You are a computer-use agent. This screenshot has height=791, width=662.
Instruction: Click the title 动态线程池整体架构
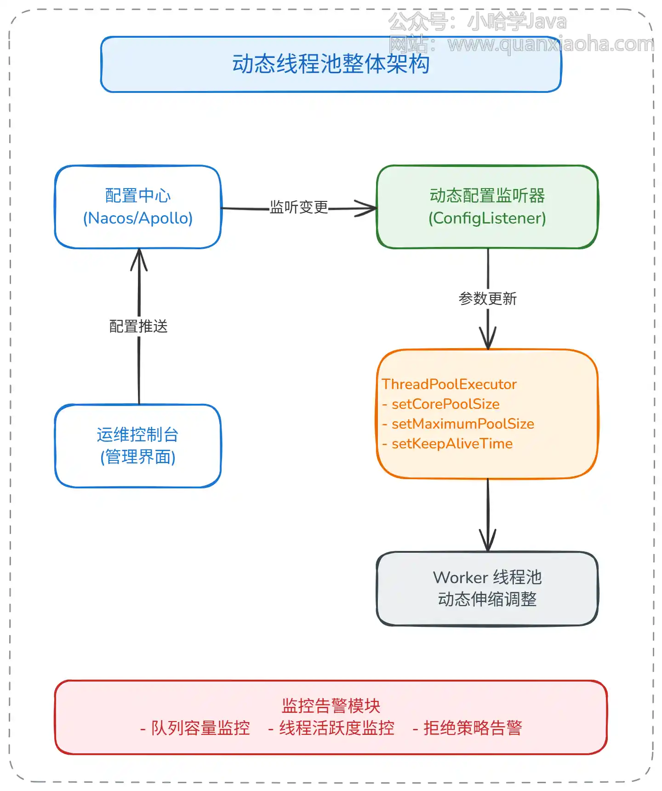(x=331, y=64)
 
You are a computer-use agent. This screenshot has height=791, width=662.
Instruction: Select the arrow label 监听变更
(x=299, y=207)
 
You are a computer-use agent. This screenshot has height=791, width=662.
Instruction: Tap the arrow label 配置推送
(x=138, y=327)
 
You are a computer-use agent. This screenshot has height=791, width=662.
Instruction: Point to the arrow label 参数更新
(x=488, y=299)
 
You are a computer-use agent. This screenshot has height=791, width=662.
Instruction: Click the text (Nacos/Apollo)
(x=137, y=218)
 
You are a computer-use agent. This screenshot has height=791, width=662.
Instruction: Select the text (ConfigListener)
(x=487, y=218)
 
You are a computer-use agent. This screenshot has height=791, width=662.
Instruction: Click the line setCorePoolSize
(x=445, y=404)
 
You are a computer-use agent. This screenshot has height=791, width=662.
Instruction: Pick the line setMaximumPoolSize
(x=462, y=424)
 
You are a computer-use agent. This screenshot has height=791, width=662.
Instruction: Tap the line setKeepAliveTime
(x=451, y=444)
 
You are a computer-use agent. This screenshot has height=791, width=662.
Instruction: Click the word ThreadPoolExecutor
(x=449, y=384)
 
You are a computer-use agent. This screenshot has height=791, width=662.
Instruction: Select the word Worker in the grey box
(x=460, y=578)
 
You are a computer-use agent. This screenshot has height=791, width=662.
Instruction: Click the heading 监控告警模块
(x=331, y=706)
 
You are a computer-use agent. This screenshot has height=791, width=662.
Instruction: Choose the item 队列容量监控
(x=200, y=728)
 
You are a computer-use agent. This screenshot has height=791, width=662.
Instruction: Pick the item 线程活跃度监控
(x=337, y=728)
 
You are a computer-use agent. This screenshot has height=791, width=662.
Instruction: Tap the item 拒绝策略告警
(x=472, y=728)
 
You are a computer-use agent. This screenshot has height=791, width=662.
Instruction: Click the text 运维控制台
(x=137, y=435)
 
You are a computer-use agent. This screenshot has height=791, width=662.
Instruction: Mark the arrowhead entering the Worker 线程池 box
(x=488, y=543)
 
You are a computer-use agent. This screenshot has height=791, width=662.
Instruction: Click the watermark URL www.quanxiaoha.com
(x=550, y=45)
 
